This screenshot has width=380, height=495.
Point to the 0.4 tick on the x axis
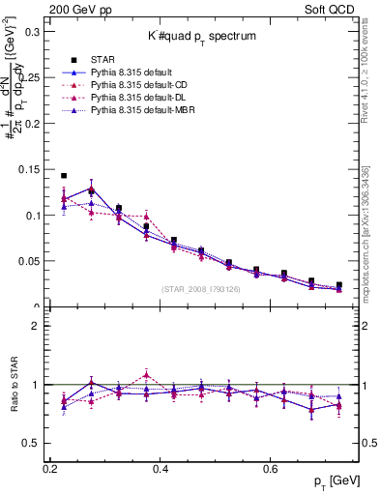161,469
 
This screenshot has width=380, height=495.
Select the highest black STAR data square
64,176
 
